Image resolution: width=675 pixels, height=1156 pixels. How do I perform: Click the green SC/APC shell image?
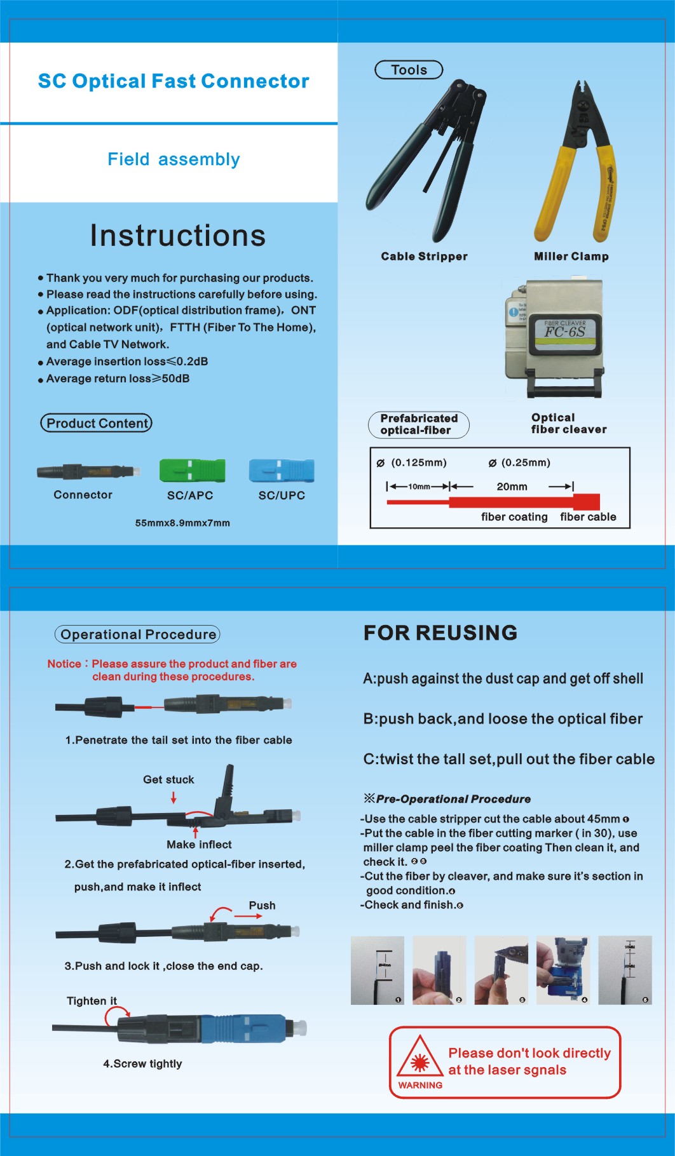click(x=192, y=471)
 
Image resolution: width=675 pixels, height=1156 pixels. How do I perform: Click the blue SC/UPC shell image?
click(x=282, y=471)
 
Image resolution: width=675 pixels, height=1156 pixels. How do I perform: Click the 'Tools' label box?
click(x=409, y=70)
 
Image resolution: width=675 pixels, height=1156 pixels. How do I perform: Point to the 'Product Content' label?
click(x=97, y=423)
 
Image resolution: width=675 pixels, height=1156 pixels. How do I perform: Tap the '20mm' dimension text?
click(x=512, y=487)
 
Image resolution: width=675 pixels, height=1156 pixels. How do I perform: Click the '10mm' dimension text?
click(x=419, y=487)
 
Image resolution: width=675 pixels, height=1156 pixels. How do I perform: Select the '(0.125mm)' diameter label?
click(x=418, y=462)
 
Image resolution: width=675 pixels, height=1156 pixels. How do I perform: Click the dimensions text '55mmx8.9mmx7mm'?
click(x=182, y=523)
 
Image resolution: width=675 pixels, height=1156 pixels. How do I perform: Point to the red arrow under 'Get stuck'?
click(x=174, y=797)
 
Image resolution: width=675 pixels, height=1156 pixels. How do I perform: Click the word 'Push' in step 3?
click(x=262, y=905)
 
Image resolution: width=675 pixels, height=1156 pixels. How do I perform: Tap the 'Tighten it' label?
click(x=92, y=1000)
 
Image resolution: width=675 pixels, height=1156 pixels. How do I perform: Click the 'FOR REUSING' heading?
click(x=440, y=633)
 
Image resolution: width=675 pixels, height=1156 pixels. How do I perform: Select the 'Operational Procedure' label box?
click(x=137, y=634)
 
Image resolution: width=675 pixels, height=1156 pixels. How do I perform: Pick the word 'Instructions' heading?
click(x=177, y=235)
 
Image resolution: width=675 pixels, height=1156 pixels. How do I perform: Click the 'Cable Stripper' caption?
click(x=424, y=256)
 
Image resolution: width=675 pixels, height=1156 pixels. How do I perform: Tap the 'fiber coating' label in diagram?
click(x=514, y=516)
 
